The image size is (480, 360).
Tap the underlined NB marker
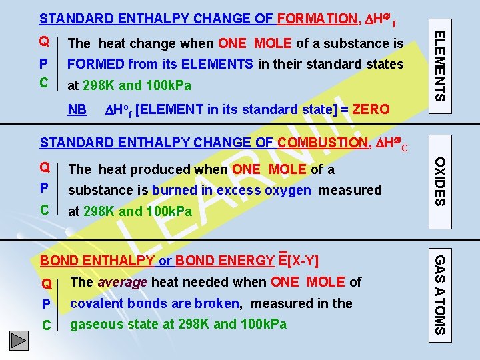(78, 109)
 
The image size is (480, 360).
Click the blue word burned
(174, 190)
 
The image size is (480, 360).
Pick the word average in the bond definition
(123, 282)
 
